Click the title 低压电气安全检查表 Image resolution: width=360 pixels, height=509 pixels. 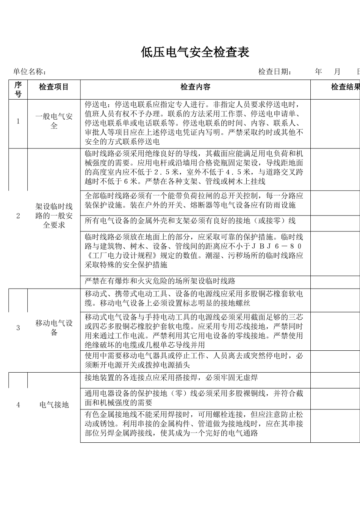click(x=195, y=52)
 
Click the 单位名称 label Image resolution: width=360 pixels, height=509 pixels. click(x=30, y=72)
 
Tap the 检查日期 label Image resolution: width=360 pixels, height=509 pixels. click(x=275, y=72)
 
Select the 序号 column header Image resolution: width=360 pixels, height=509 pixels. click(x=18, y=89)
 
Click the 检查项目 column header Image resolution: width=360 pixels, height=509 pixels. click(x=54, y=87)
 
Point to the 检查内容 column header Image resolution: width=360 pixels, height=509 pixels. click(x=195, y=87)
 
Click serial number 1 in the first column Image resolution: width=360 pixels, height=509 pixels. click(x=18, y=121)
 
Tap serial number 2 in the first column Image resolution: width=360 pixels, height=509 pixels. click(x=18, y=216)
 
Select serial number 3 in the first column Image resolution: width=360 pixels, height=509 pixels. click(x=18, y=328)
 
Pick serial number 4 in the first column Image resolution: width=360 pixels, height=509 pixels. click(x=18, y=405)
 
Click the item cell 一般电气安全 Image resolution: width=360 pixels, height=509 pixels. click(x=54, y=121)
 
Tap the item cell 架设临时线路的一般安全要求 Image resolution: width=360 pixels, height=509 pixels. click(x=54, y=216)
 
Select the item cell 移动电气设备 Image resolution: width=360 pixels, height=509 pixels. click(x=54, y=328)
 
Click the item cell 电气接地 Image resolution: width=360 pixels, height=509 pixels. click(x=54, y=405)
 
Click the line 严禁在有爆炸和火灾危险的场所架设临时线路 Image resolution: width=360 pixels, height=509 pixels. click(x=160, y=281)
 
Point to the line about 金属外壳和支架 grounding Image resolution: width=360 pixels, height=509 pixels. click(x=190, y=221)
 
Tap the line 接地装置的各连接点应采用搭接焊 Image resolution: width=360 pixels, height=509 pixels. click(x=171, y=378)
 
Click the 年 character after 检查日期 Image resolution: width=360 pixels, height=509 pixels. click(x=318, y=72)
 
